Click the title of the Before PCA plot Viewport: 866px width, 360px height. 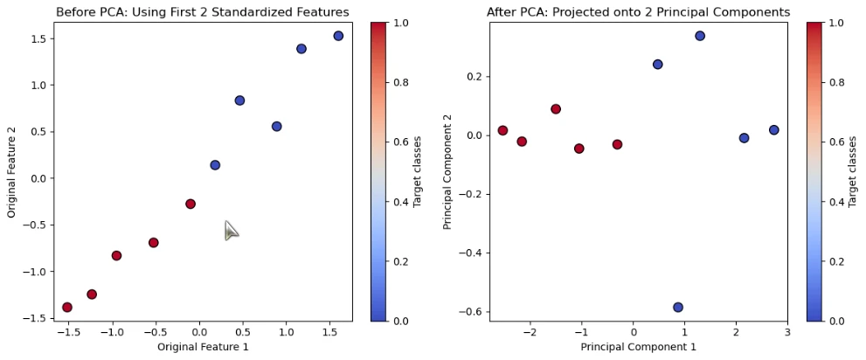[x=202, y=12]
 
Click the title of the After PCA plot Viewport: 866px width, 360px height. [x=638, y=12]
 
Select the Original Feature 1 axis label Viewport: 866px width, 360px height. [x=203, y=348]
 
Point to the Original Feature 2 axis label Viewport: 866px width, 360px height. [x=12, y=171]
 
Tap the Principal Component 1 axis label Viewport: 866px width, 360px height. [x=638, y=348]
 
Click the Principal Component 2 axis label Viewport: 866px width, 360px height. [x=447, y=171]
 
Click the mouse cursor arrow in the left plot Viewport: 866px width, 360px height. [x=230, y=231]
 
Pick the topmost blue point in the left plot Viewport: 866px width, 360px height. [x=338, y=36]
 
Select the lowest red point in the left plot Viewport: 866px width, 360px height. [x=67, y=308]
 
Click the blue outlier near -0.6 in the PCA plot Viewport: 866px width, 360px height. [x=678, y=308]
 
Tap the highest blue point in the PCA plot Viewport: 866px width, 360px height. [x=700, y=36]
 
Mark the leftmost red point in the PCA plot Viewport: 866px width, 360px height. [x=502, y=130]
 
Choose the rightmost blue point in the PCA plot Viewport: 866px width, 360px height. [x=773, y=130]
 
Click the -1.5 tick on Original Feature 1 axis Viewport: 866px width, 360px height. [x=66, y=333]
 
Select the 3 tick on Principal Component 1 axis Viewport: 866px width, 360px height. [x=786, y=333]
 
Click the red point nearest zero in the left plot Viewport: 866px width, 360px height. [x=191, y=204]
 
